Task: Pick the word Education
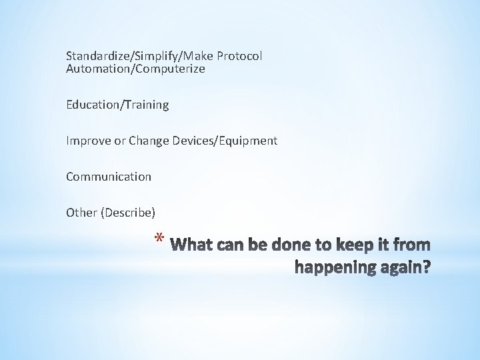coord(91,105)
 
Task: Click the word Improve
coord(85,141)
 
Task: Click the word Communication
coord(109,177)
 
